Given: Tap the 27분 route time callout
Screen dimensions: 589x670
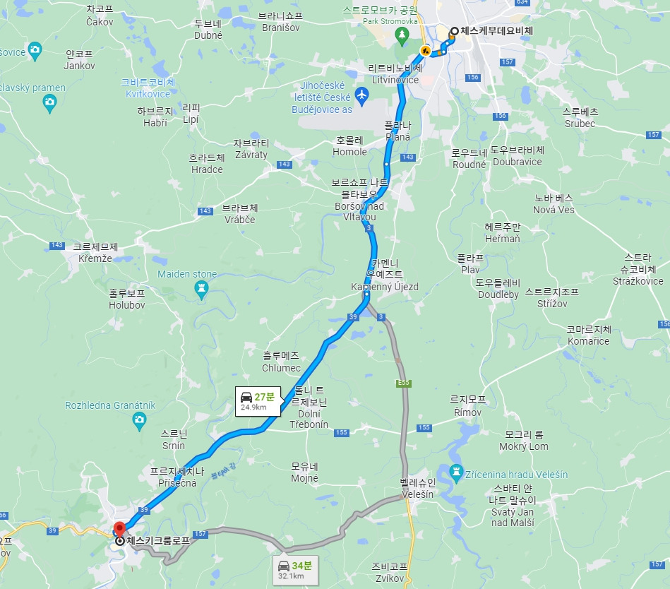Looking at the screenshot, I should pyautogui.click(x=259, y=400).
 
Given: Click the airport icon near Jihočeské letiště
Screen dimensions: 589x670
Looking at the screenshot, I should pyautogui.click(x=362, y=94).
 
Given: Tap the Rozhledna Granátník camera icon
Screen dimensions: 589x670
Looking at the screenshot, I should pyautogui.click(x=140, y=420).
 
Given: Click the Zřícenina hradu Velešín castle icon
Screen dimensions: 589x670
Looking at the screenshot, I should pyautogui.click(x=456, y=471).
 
